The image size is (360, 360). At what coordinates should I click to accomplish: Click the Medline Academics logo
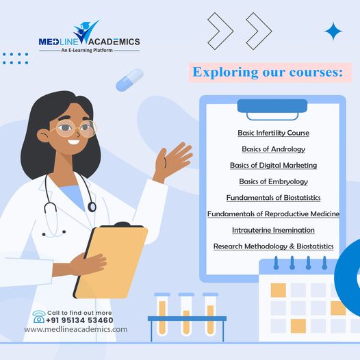tap(90, 38)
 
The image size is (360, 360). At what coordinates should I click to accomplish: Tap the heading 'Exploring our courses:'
tap(268, 72)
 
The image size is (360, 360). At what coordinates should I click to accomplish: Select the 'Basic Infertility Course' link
tap(273, 132)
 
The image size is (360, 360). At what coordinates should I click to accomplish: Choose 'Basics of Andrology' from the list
tap(273, 149)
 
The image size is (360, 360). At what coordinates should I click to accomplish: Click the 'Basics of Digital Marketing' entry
tap(273, 165)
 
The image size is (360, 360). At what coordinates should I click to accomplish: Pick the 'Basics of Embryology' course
tap(273, 181)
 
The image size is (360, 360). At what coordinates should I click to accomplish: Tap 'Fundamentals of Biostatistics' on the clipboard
tap(273, 198)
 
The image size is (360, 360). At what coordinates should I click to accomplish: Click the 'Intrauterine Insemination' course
tap(273, 230)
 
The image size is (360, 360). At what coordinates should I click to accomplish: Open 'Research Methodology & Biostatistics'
tap(273, 246)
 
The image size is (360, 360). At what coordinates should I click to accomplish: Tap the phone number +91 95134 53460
tap(79, 320)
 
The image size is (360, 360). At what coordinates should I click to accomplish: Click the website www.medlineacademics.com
tap(75, 329)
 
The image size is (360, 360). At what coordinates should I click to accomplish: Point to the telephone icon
tap(39, 316)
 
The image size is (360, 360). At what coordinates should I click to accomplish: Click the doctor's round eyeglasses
tap(76, 129)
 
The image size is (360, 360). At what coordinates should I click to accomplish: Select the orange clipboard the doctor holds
tap(112, 260)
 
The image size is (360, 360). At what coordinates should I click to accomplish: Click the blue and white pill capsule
tap(129, 79)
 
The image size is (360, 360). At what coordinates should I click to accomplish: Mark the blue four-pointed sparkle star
tap(333, 31)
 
